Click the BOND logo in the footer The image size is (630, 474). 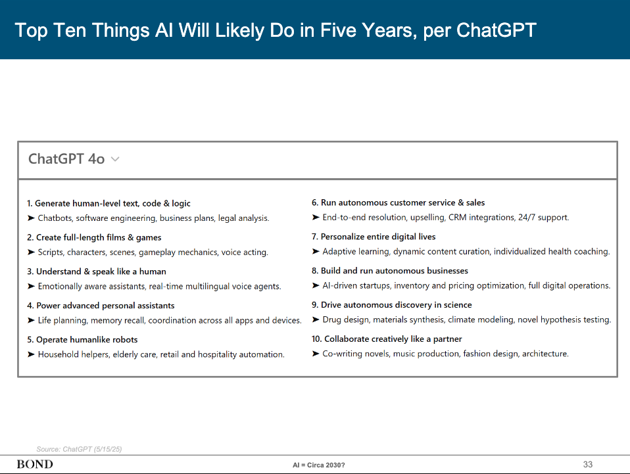tap(35, 464)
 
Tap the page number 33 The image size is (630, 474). tap(587, 464)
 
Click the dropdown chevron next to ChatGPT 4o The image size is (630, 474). tap(115, 159)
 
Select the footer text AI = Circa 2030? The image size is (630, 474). tap(318, 465)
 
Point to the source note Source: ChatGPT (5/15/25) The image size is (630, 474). tap(79, 449)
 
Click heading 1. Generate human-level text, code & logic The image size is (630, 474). tap(109, 203)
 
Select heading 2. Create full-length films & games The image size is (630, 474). tap(94, 237)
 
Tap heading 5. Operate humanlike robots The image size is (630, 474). tap(82, 339)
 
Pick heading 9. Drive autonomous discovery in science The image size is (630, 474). tap(391, 304)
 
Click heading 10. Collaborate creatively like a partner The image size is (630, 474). tap(387, 339)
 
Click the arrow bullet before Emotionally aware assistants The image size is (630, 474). tap(31, 286)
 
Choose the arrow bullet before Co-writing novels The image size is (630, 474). tap(316, 354)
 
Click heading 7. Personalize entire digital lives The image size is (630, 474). tap(374, 236)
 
